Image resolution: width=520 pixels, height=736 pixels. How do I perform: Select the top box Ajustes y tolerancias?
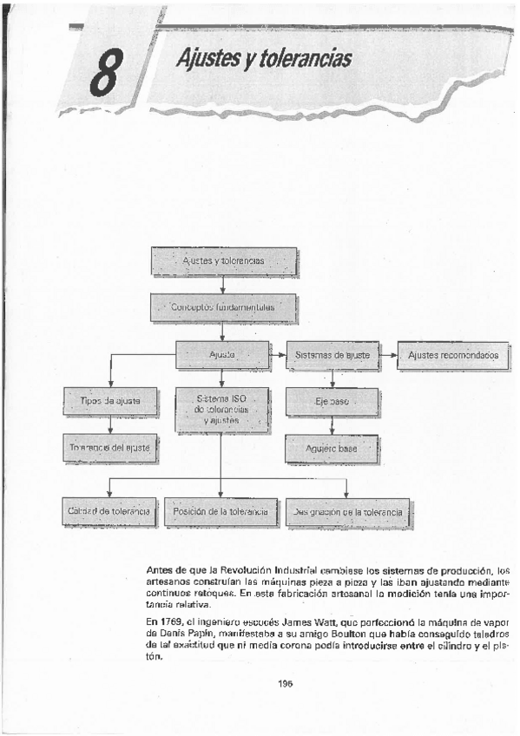(223, 260)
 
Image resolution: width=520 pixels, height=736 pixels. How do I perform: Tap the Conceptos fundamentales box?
(223, 306)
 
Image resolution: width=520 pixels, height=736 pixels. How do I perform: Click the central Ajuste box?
(222, 355)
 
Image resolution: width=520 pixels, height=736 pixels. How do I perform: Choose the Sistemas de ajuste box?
(332, 355)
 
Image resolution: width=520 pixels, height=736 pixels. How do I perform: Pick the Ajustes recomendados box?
(452, 355)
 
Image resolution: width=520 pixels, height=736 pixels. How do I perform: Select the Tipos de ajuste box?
(110, 401)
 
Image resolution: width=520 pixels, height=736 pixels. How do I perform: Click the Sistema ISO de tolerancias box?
(222, 409)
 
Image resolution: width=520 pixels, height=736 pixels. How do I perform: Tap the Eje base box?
(332, 403)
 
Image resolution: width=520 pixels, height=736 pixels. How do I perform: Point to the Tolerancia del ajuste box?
(110, 448)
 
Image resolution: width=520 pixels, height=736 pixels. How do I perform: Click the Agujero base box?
(332, 449)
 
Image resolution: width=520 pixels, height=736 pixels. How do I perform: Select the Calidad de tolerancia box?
(109, 512)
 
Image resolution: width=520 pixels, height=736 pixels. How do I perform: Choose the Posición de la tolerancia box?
(221, 512)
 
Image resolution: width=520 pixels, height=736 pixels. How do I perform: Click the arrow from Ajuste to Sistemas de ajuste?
(278, 355)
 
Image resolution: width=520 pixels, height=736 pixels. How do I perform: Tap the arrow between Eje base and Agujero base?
(332, 425)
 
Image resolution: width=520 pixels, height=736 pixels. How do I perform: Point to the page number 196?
(286, 683)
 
